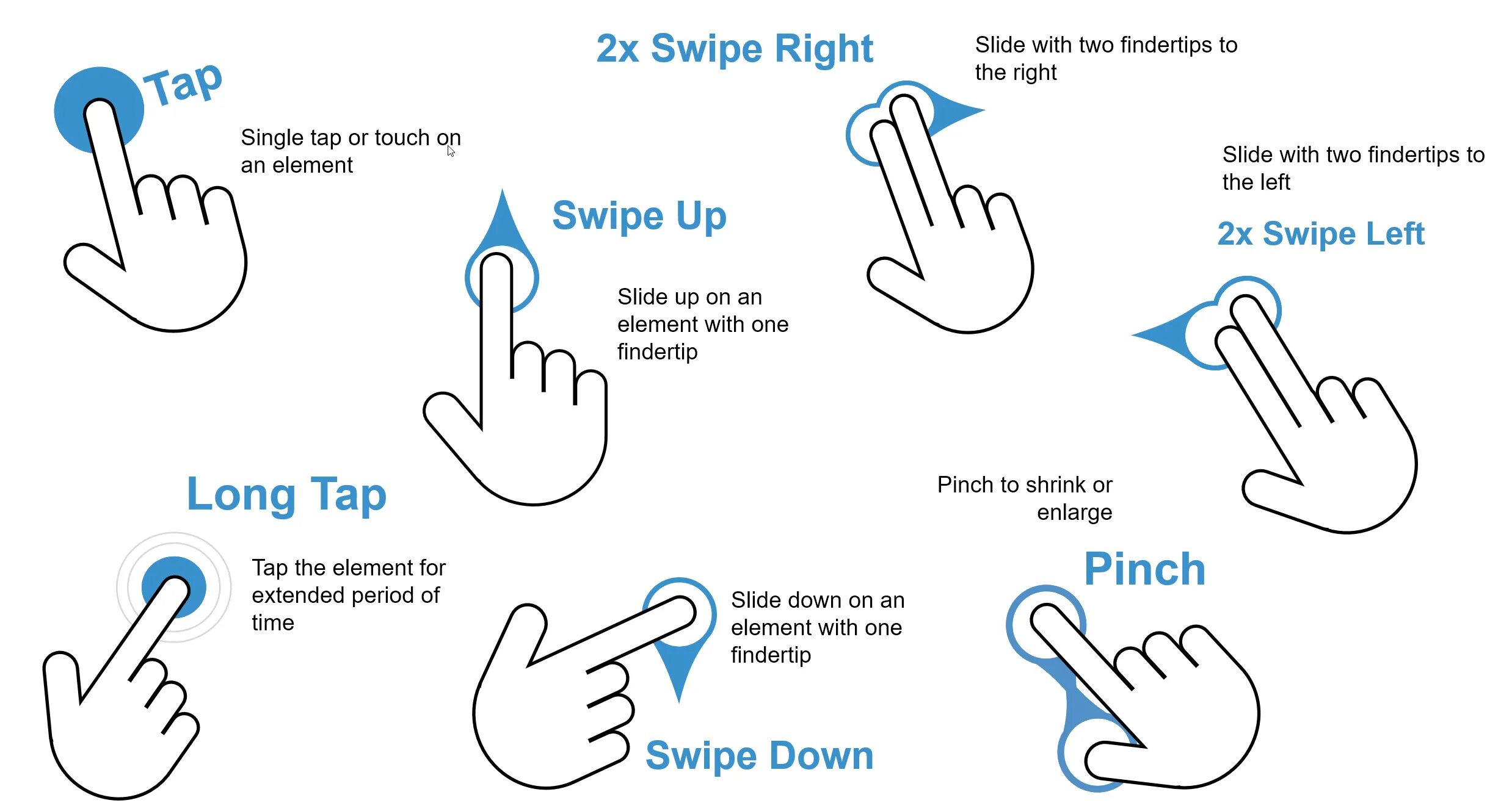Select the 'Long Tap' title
pyautogui.click(x=286, y=494)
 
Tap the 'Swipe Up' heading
pyautogui.click(x=639, y=216)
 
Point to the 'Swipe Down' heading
pyautogui.click(x=759, y=755)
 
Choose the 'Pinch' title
pyautogui.click(x=1144, y=569)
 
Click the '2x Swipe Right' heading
pyautogui.click(x=734, y=49)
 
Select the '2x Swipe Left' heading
pyautogui.click(x=1320, y=234)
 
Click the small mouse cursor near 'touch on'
pyautogui.click(x=451, y=151)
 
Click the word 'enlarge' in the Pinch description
pyautogui.click(x=1074, y=513)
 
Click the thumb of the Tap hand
pyautogui.click(x=92, y=262)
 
